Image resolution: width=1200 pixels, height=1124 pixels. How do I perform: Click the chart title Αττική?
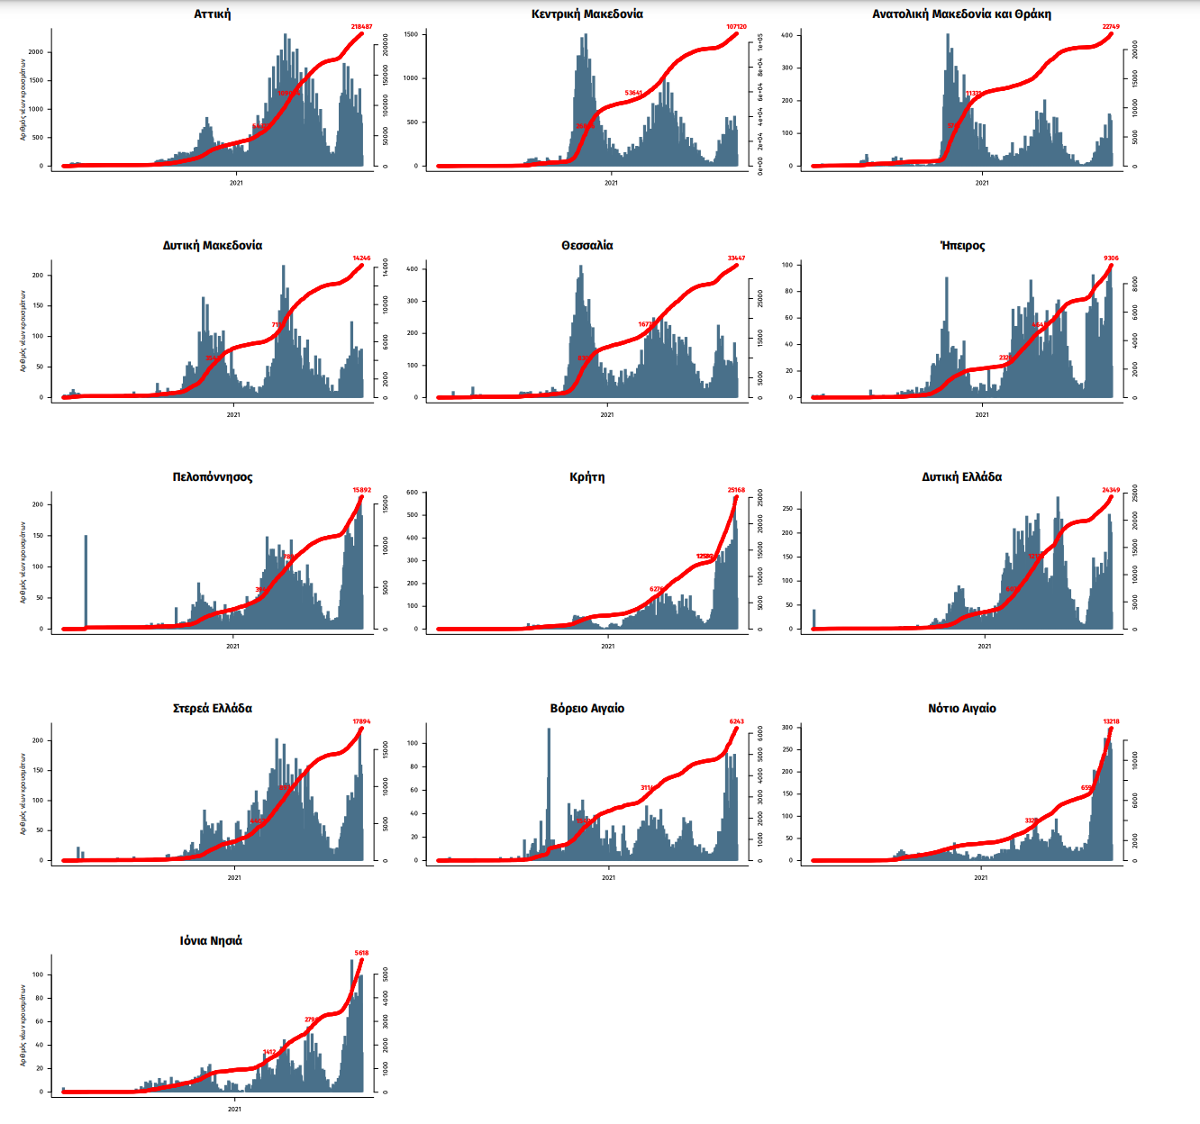pyautogui.click(x=213, y=14)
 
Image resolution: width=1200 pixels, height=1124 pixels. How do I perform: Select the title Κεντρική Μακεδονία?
pyautogui.click(x=587, y=14)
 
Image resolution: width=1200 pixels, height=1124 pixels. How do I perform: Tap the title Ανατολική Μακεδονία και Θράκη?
pyautogui.click(x=961, y=14)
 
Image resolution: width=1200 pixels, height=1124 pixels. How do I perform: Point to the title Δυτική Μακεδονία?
pyautogui.click(x=213, y=246)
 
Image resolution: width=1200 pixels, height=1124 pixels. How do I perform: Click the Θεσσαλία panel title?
pyautogui.click(x=587, y=246)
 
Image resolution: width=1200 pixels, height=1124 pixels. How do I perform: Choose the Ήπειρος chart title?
pyautogui.click(x=962, y=246)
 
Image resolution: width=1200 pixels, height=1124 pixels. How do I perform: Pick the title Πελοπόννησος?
pyautogui.click(x=213, y=477)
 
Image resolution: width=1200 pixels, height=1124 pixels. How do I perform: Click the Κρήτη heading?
pyautogui.click(x=587, y=477)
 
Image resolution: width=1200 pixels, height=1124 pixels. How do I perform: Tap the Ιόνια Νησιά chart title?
pyautogui.click(x=211, y=941)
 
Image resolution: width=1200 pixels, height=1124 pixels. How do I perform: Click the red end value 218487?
pyautogui.click(x=361, y=27)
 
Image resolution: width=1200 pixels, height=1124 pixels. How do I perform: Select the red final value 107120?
pyautogui.click(x=736, y=27)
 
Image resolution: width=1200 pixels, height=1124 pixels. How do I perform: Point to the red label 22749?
pyautogui.click(x=1111, y=27)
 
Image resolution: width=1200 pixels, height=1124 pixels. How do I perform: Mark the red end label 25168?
pyautogui.click(x=736, y=491)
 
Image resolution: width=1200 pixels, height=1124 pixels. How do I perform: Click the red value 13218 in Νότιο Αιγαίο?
pyautogui.click(x=1111, y=721)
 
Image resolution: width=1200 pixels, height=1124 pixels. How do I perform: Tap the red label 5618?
pyautogui.click(x=361, y=953)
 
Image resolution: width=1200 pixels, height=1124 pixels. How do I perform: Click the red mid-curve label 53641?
pyautogui.click(x=633, y=93)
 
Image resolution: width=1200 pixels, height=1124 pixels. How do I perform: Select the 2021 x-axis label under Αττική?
pyautogui.click(x=236, y=183)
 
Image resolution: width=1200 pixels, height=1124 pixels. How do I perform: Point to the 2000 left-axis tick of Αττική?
pyautogui.click(x=36, y=52)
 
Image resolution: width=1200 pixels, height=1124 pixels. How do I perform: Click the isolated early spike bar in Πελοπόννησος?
pyautogui.click(x=86, y=581)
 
